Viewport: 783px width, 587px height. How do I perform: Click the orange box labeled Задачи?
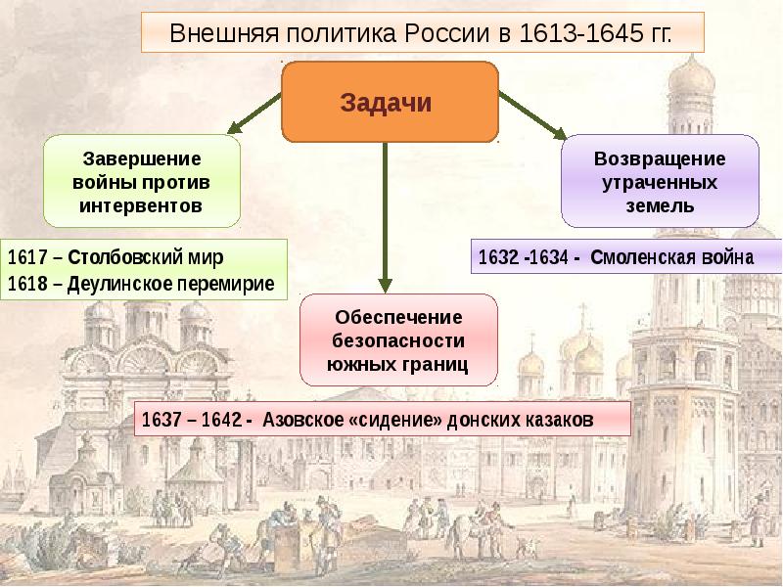click(x=391, y=102)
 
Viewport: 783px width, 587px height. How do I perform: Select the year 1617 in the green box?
click(x=27, y=257)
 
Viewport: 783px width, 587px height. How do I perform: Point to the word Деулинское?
click(x=119, y=284)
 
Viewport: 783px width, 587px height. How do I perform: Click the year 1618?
click(x=27, y=284)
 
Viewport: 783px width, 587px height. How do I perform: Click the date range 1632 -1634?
click(x=524, y=257)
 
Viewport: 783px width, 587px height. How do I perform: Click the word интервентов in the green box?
click(x=141, y=205)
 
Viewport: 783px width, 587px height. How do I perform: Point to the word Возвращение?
click(x=660, y=158)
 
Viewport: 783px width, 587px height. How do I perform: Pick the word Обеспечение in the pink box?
click(x=398, y=317)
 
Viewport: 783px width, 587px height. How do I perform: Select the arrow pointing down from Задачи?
click(x=385, y=217)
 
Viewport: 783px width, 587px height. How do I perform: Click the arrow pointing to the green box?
click(x=253, y=113)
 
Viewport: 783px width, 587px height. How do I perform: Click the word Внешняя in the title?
click(x=223, y=33)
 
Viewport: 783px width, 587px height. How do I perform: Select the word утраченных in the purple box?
click(x=660, y=183)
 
